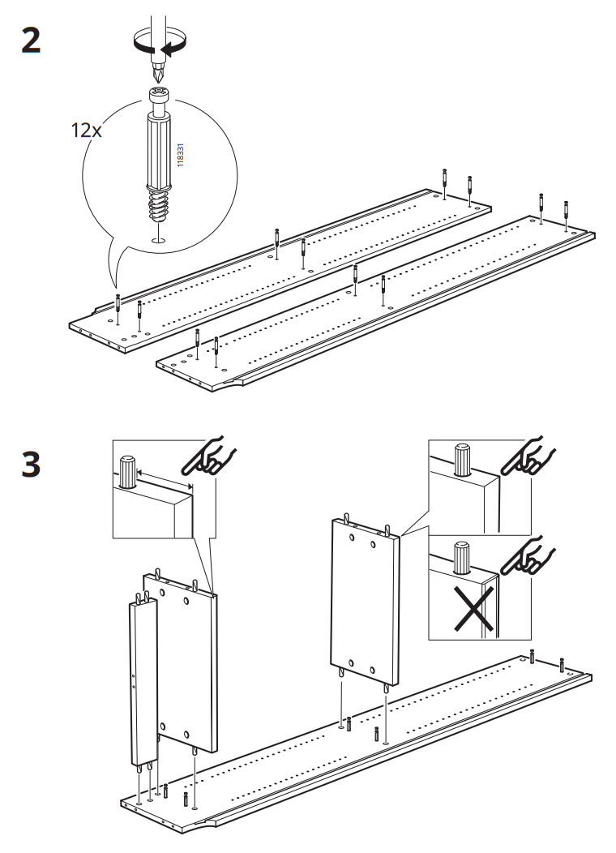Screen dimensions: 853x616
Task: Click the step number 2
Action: click(30, 41)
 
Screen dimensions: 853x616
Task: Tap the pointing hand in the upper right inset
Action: click(526, 458)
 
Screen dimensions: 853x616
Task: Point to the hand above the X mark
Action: click(528, 555)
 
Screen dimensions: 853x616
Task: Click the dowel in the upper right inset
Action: click(462, 461)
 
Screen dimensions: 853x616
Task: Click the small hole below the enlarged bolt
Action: click(160, 240)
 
